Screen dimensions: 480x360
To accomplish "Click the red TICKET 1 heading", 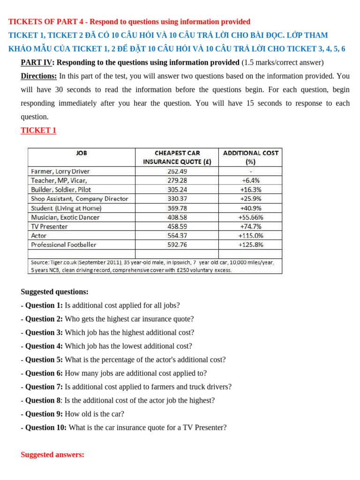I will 38,130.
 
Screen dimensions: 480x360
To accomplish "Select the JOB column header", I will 81,153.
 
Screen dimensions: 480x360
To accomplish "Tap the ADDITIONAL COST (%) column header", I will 250,157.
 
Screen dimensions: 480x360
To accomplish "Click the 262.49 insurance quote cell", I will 177,171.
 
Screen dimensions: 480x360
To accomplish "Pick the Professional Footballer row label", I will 63,245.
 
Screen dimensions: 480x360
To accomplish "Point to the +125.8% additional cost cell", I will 251,245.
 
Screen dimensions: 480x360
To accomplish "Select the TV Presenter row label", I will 49,226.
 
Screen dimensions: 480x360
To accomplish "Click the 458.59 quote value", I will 177,226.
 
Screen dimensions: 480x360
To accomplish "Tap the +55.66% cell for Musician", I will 251,217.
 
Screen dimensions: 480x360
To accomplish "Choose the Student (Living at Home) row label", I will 66,208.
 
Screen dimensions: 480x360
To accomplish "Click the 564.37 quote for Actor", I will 177,235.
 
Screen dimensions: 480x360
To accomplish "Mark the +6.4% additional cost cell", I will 251,180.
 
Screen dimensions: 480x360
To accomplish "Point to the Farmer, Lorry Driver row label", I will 60,171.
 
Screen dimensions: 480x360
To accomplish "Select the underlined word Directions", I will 39,76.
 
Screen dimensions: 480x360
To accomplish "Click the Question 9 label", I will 44,414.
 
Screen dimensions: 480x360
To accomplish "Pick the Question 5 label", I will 44,360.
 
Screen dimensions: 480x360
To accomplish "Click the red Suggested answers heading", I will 52,455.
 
